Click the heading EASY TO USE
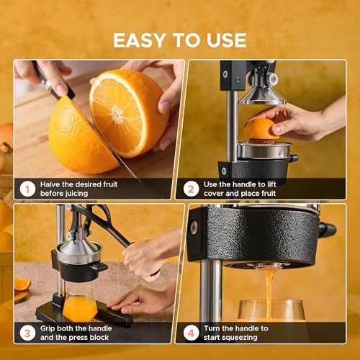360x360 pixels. point(180,40)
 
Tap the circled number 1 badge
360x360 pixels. point(27,189)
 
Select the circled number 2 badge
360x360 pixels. point(191,189)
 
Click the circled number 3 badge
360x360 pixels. point(27,333)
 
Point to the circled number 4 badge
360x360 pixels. point(191,333)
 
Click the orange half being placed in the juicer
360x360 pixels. point(261,130)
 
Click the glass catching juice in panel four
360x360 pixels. point(270,311)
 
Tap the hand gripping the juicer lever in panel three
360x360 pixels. point(148,256)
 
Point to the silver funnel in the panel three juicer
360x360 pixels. point(75,252)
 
